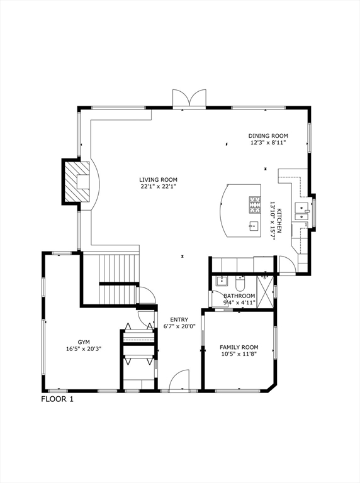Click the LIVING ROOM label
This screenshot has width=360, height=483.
click(x=158, y=179)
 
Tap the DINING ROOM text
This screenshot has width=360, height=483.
click(x=268, y=136)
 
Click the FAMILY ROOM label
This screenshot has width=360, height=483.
click(x=239, y=347)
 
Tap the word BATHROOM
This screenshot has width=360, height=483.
click(x=239, y=296)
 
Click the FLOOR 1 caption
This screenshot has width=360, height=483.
click(x=57, y=399)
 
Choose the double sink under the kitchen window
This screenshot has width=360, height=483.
click(x=303, y=211)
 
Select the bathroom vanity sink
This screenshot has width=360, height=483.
click(x=222, y=280)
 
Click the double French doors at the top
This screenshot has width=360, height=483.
click(x=189, y=98)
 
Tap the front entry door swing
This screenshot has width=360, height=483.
click(x=179, y=380)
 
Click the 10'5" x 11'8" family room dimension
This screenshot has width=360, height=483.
click(x=239, y=355)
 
